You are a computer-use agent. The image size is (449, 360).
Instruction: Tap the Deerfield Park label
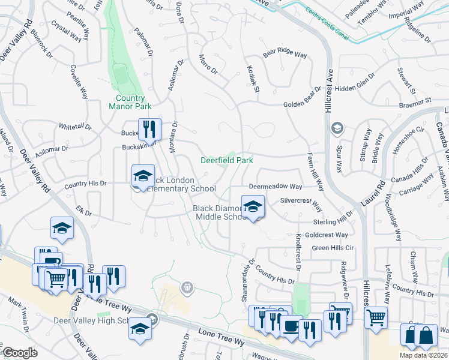pos(226,160)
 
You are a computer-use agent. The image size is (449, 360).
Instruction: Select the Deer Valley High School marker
pos(140,329)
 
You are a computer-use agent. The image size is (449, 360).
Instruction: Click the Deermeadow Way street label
pos(276,187)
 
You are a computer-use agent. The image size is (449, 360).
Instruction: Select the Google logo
pos(20,353)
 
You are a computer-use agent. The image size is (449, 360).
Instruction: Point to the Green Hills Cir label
pos(334,248)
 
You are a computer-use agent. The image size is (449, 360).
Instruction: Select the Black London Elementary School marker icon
pos(143,176)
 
